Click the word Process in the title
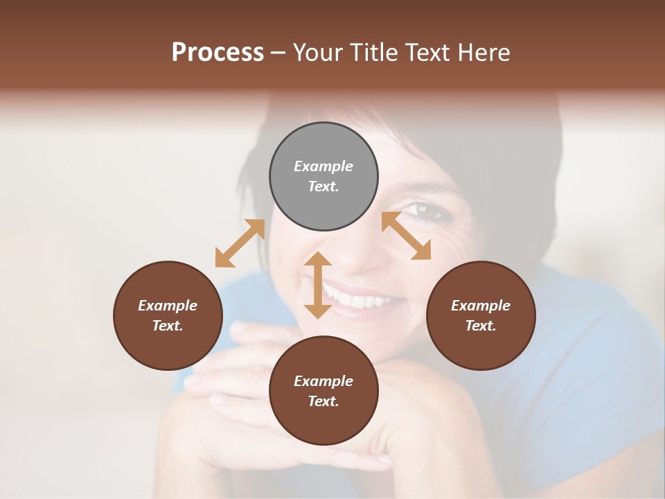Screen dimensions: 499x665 tap(218, 53)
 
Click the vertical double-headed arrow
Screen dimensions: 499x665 tap(318, 285)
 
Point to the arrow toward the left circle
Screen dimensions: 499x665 tap(240, 243)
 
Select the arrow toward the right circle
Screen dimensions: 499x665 tap(406, 236)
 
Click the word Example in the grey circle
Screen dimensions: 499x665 tap(323, 166)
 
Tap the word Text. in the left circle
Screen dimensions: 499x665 tap(168, 326)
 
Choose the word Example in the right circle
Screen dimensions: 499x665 tap(481, 306)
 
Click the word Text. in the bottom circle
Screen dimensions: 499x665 tap(323, 401)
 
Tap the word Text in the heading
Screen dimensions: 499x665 tap(431, 53)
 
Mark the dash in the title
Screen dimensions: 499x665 tap(278, 53)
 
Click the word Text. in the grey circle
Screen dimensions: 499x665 tap(323, 186)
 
